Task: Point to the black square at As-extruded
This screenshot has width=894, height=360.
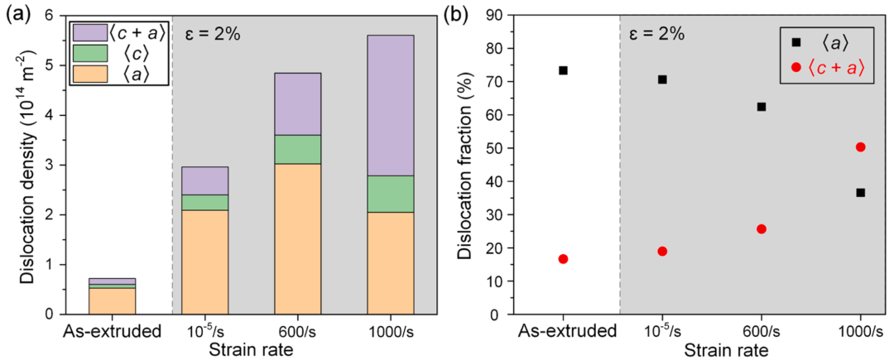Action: [563, 70]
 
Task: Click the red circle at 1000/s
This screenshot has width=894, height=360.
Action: [861, 146]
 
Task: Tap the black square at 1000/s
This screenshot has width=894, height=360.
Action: [861, 192]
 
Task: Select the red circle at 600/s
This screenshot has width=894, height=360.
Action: [762, 228]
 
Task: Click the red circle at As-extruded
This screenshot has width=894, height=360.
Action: [563, 259]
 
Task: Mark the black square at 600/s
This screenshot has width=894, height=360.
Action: [762, 107]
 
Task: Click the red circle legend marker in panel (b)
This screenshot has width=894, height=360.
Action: [796, 67]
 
